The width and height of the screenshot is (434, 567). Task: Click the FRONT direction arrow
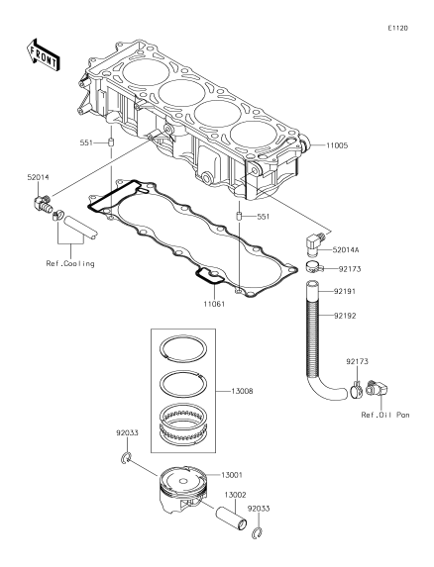point(43,55)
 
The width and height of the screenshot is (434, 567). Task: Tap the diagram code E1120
point(397,29)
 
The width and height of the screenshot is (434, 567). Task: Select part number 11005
point(337,145)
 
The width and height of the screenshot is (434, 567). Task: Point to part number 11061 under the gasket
point(214,304)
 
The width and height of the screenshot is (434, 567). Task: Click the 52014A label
point(346,249)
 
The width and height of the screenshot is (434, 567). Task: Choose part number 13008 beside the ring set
point(242,391)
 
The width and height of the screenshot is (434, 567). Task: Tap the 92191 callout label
point(345,291)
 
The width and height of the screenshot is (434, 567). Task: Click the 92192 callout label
point(345,316)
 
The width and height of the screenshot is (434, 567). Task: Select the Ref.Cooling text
point(70,263)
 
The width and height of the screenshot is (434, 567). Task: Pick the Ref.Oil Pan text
point(385,415)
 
